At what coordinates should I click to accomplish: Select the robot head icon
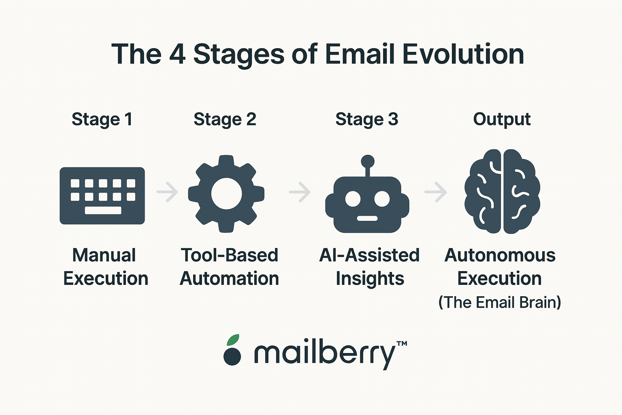[x=367, y=206]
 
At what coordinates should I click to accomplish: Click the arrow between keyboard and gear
[x=167, y=192]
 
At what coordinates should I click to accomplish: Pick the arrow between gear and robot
[x=300, y=192]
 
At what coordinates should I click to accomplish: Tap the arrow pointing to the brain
[x=436, y=192]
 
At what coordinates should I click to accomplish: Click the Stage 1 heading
[x=102, y=120]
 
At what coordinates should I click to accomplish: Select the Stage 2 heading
[x=225, y=120]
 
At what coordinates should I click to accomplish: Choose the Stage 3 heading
[x=367, y=120]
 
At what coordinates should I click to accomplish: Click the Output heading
[x=502, y=120]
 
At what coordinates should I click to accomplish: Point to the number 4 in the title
[x=177, y=54]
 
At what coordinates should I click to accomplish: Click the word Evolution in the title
[x=463, y=54]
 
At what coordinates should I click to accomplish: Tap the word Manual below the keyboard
[x=104, y=255]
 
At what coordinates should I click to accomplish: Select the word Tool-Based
[x=229, y=255]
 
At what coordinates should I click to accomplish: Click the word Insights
[x=370, y=278]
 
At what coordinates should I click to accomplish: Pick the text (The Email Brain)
[x=500, y=302]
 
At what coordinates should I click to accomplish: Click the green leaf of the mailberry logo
[x=233, y=340]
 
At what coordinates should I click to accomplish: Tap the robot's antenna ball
[x=368, y=161]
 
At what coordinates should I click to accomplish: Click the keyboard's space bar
[x=103, y=210]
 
